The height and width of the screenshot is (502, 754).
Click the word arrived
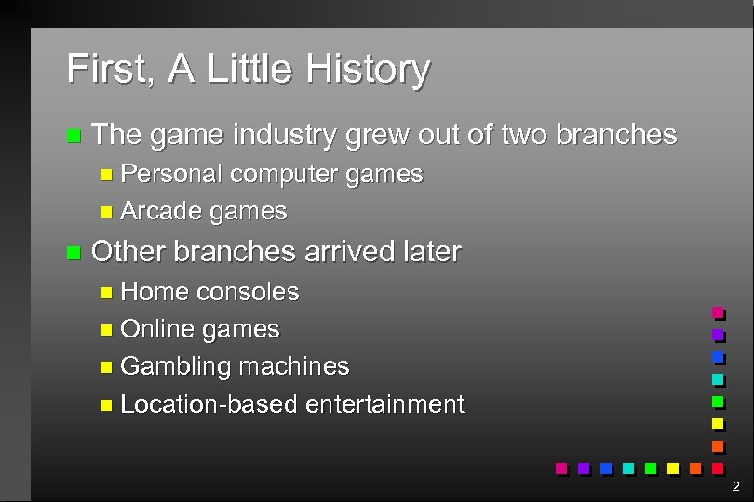click(x=346, y=252)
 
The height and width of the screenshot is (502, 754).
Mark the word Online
click(x=157, y=329)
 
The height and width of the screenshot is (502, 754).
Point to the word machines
click(x=294, y=366)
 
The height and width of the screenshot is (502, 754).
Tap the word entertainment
click(x=384, y=404)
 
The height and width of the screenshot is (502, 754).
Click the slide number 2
click(x=735, y=486)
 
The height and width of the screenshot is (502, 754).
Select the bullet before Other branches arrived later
click(x=74, y=253)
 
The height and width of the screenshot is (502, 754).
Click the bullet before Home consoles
click(x=106, y=293)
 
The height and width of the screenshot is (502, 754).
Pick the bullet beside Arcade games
click(x=106, y=212)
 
